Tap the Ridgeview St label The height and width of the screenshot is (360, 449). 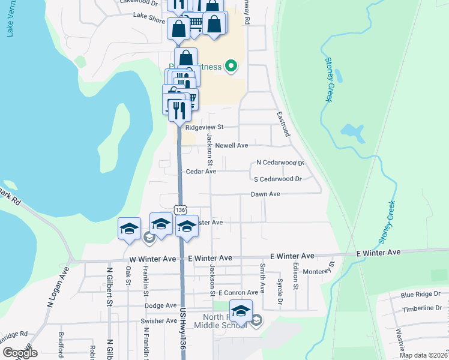coord(204,127)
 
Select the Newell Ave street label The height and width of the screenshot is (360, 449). coord(232,145)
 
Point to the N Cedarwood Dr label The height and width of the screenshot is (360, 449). coord(280,163)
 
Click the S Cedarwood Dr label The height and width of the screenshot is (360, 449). coord(277,179)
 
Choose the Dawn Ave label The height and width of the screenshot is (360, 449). coord(265,194)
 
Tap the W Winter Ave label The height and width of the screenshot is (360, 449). coord(152,259)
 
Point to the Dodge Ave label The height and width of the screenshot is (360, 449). coord(160,305)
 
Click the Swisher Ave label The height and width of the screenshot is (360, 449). coord(158,321)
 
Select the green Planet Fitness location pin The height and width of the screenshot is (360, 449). coord(230,66)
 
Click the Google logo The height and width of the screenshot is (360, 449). coord(20,353)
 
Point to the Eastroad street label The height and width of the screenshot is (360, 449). coord(283,124)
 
